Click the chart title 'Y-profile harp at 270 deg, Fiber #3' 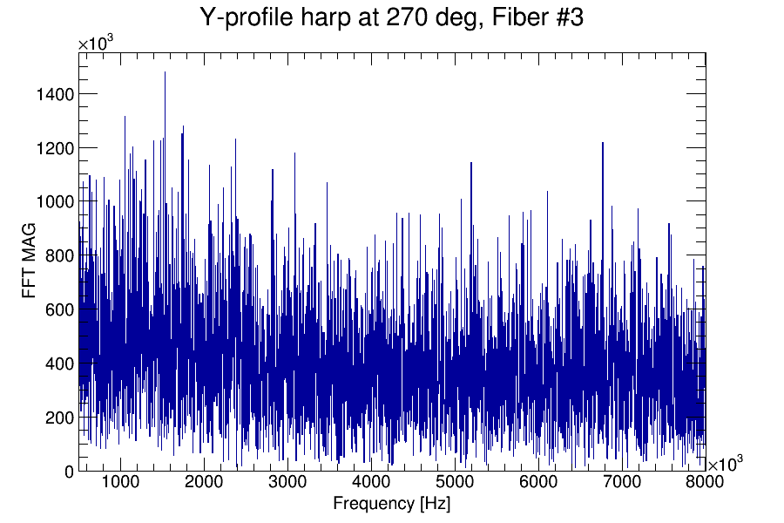(x=391, y=17)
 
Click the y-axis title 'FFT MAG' (x=30, y=261)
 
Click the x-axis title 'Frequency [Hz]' (x=391, y=504)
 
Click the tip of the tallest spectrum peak (x=165, y=72)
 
